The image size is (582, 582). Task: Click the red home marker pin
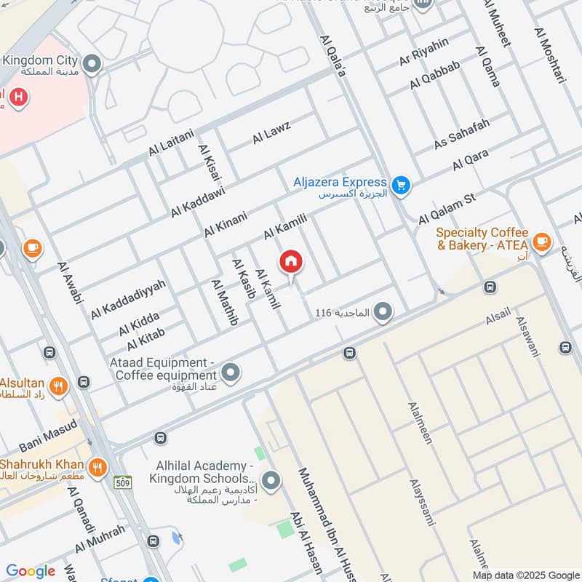(x=291, y=262)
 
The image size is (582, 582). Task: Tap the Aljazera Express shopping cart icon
(x=400, y=186)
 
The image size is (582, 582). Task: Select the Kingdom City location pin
(x=92, y=65)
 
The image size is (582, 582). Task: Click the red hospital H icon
(x=20, y=96)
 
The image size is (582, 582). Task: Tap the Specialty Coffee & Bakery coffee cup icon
(x=541, y=240)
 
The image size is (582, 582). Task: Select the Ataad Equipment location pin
(x=231, y=373)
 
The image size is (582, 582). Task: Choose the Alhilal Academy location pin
(x=271, y=480)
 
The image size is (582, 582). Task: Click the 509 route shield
(x=122, y=482)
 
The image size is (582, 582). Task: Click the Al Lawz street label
(x=271, y=132)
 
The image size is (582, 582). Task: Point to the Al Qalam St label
(x=446, y=209)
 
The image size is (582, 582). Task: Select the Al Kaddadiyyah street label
(x=128, y=300)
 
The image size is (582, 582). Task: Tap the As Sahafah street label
(x=462, y=133)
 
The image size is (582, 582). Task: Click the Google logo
(x=31, y=571)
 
